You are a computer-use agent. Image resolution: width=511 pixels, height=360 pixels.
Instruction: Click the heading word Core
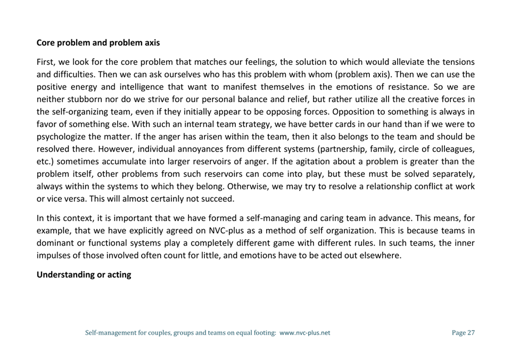coord(46,43)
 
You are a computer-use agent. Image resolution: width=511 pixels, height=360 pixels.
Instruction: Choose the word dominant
coord(55,242)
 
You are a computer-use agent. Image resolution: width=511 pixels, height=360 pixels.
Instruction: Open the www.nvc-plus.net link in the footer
coord(304,333)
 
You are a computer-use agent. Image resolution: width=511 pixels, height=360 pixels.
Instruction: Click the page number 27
coord(470,333)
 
